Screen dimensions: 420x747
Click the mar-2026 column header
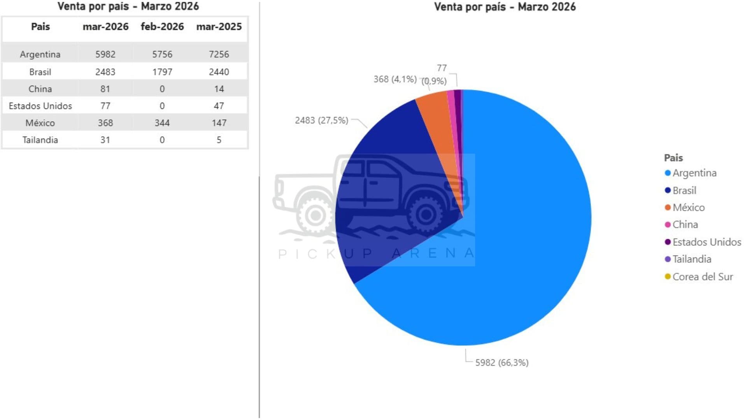click(105, 27)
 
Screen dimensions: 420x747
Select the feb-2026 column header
click(162, 27)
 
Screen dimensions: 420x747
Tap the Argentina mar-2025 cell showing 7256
click(219, 54)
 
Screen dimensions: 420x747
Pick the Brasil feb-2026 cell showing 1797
click(162, 72)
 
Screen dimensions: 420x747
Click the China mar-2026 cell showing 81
click(105, 89)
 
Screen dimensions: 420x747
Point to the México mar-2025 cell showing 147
click(219, 123)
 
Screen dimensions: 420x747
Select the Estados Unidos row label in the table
click(40, 106)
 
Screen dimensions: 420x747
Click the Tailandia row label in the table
click(40, 140)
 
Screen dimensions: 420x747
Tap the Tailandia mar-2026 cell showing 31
click(105, 140)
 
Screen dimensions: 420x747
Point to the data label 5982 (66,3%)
click(502, 363)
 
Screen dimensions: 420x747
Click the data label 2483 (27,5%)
click(321, 121)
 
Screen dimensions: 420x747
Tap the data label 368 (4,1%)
click(395, 79)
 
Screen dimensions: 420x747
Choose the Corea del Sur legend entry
click(702, 277)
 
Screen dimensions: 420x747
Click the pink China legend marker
click(668, 225)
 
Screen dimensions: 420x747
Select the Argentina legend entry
click(694, 173)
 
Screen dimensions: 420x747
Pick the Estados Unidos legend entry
click(707, 242)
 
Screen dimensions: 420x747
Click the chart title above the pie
click(505, 7)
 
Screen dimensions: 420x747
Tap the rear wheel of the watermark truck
click(316, 215)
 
